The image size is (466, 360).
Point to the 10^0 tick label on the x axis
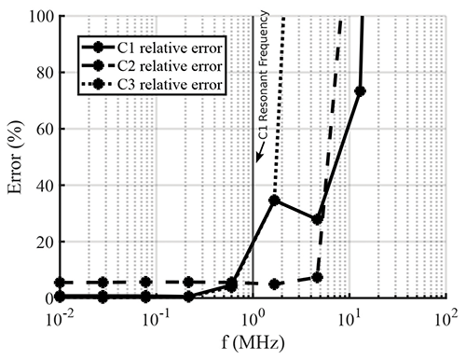point(254,315)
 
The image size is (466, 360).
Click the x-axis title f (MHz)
point(254,343)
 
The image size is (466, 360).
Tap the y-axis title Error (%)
point(16,157)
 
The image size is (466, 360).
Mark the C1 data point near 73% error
point(361,91)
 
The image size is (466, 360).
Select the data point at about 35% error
point(274,200)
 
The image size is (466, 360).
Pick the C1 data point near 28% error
point(318,218)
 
